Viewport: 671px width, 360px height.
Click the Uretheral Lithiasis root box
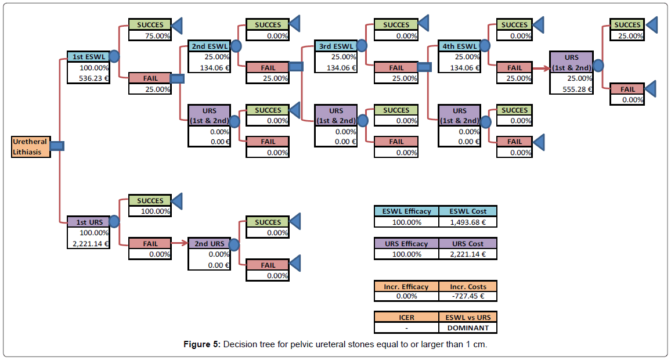click(x=31, y=147)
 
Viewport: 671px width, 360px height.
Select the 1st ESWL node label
click(x=88, y=57)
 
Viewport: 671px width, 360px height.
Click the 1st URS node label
click(x=88, y=222)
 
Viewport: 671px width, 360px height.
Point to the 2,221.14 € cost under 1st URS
click(x=88, y=243)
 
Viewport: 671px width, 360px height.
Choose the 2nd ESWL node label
click(x=209, y=46)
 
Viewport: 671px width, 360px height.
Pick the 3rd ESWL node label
click(x=335, y=46)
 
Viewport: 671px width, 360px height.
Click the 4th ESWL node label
click(x=459, y=46)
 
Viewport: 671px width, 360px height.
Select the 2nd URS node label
click(x=209, y=243)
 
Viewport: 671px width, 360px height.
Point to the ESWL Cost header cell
click(x=467, y=211)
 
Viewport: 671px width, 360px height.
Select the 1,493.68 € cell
click(x=467, y=222)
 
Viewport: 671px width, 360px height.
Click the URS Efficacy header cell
click(x=406, y=243)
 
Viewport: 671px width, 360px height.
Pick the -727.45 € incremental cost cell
click(x=467, y=296)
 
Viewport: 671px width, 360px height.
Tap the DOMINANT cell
click(x=467, y=327)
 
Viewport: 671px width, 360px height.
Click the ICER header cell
click(x=406, y=317)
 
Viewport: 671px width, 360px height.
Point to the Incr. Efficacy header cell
click(x=406, y=286)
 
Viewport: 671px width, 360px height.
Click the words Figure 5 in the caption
click(x=201, y=345)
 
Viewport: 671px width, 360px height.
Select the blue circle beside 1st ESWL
click(x=114, y=56)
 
